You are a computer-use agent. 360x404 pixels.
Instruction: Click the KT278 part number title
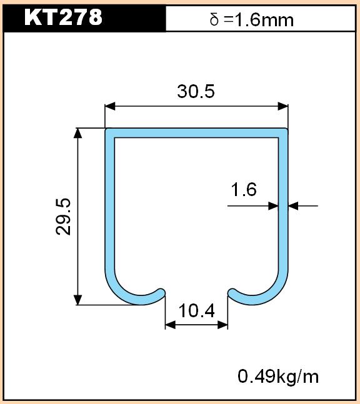(x=63, y=17)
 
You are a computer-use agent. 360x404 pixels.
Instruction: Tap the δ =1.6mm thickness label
(x=252, y=19)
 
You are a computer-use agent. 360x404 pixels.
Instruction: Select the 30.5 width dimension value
(x=196, y=91)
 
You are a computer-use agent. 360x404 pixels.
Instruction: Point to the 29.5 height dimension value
(x=63, y=217)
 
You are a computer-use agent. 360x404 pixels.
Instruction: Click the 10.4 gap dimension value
(x=196, y=310)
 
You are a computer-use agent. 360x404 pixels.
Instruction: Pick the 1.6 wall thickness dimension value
(x=244, y=189)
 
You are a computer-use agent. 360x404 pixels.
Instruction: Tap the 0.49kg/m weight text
(x=278, y=377)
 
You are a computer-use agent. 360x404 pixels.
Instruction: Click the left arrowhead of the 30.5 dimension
(x=110, y=106)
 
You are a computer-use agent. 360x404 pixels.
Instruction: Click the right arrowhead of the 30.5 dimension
(x=283, y=106)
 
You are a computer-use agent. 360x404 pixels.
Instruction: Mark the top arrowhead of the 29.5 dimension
(x=78, y=133)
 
